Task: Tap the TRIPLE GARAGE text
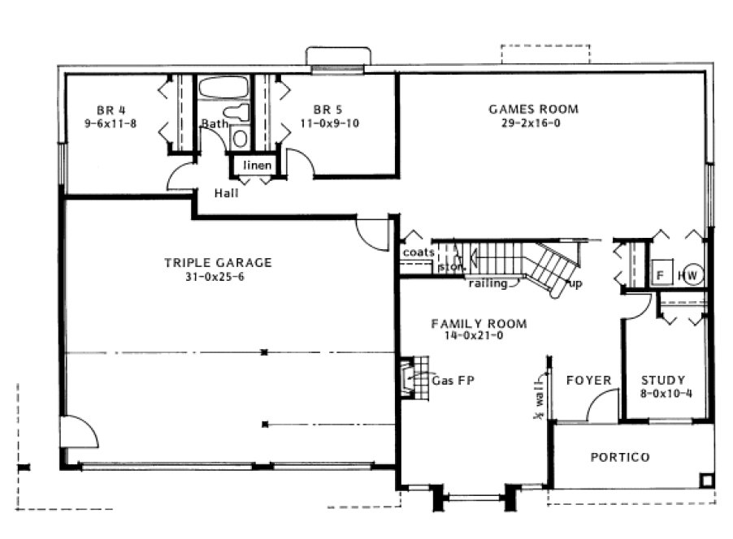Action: (x=218, y=262)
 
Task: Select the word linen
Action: (x=258, y=166)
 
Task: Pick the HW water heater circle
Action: (x=692, y=274)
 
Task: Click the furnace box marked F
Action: (x=661, y=274)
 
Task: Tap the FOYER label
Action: (x=588, y=380)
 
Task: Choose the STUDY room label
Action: (x=662, y=380)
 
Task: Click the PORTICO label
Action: (x=619, y=457)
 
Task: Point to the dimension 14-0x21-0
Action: (x=478, y=335)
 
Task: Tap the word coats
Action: (x=418, y=252)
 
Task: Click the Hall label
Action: (x=226, y=193)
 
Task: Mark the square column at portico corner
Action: (x=707, y=479)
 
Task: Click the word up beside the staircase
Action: (x=576, y=283)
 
